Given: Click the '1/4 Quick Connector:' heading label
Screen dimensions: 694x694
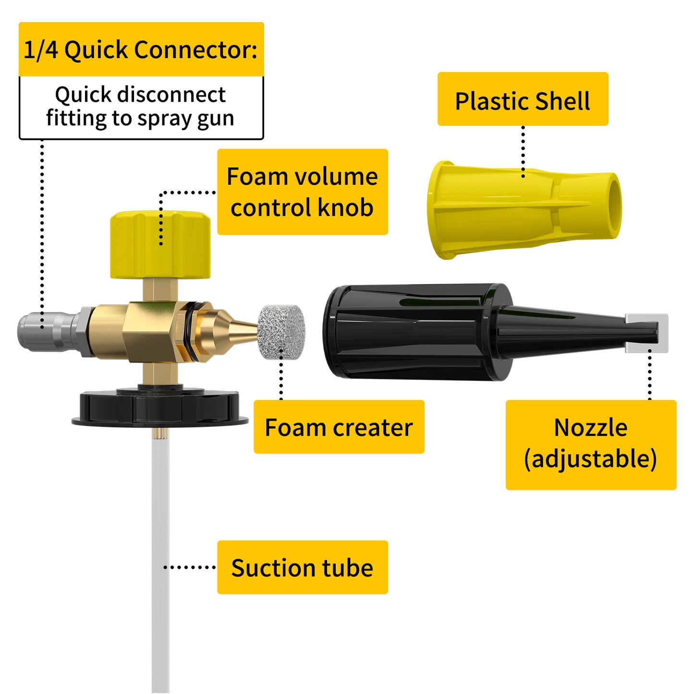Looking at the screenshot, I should click(141, 49).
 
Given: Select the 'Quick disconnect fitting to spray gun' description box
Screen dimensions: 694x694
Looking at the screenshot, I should click(141, 107).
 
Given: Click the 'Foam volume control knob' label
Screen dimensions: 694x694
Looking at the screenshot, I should click(302, 192).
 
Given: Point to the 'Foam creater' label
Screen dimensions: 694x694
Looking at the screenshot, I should click(339, 427).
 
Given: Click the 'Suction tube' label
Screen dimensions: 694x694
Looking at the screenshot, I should click(302, 567).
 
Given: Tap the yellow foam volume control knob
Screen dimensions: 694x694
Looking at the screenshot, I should click(160, 245).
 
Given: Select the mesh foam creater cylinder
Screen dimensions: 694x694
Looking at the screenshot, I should click(281, 332).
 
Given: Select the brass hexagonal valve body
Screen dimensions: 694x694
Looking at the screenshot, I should click(149, 331).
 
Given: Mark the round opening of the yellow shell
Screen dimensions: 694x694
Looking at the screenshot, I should click(614, 205).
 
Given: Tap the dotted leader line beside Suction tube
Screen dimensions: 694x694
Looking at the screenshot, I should click(190, 567).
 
